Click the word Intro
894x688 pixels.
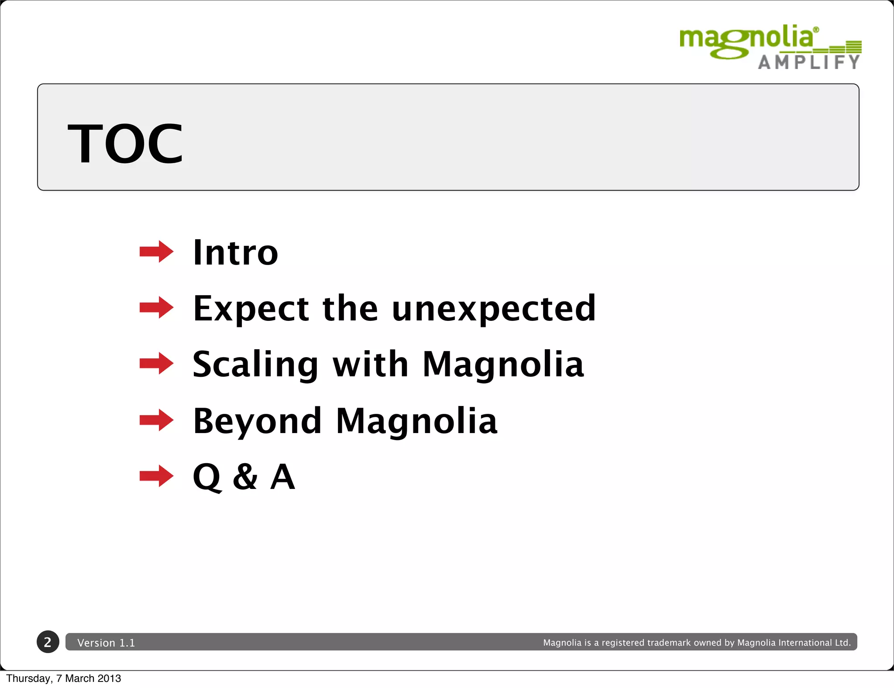click(x=235, y=253)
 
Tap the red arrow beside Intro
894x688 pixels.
click(x=156, y=251)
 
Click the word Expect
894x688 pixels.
click(x=251, y=309)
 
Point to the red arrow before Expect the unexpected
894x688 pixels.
click(x=156, y=307)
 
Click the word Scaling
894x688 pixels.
click(x=256, y=365)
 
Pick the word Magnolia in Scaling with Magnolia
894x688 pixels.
click(x=503, y=365)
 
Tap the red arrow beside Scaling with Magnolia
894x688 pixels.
click(x=156, y=363)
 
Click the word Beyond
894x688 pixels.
click(x=258, y=421)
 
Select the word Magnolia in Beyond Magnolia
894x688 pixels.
click(x=416, y=421)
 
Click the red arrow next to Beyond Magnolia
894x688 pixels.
click(x=156, y=420)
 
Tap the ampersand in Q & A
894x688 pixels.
click(x=245, y=477)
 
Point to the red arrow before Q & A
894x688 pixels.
click(x=156, y=476)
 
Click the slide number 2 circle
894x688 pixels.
click(x=48, y=642)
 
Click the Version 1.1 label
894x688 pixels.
click(x=106, y=643)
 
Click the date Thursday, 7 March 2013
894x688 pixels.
click(x=64, y=678)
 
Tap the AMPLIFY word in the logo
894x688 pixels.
click(x=809, y=62)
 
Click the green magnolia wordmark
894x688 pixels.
click(x=746, y=39)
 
